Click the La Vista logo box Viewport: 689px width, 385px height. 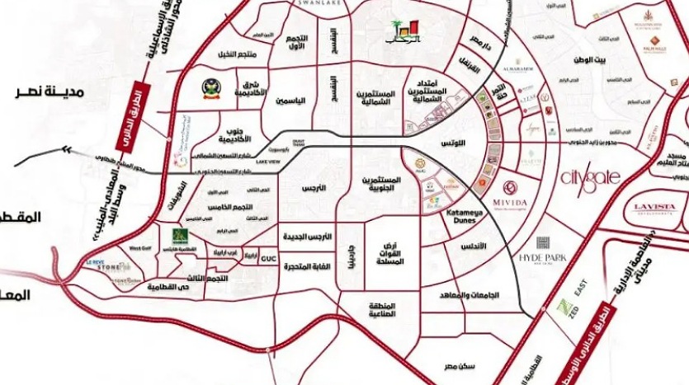pyautogui.click(x=654, y=208)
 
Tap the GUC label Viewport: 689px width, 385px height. pyautogui.click(x=268, y=259)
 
